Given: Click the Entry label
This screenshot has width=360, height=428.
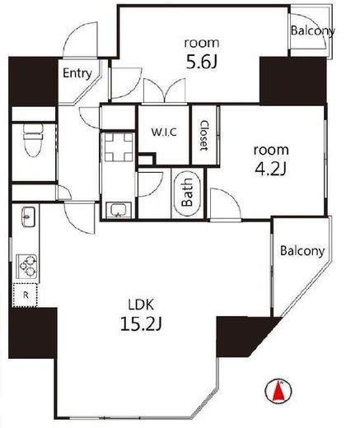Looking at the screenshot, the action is (77, 73).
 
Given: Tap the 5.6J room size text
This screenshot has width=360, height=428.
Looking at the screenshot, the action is (202, 62).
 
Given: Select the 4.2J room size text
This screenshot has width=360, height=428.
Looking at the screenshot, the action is (271, 169).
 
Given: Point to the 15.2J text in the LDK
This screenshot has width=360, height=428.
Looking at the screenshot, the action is (141, 324).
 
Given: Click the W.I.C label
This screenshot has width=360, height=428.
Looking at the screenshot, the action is (164, 133).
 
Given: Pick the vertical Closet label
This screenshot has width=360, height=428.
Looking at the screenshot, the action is (203, 135).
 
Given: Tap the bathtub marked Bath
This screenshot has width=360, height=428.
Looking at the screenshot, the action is (188, 193).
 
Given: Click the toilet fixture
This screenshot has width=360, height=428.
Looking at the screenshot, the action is (34, 140).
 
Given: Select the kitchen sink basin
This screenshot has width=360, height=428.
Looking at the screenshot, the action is (28, 216).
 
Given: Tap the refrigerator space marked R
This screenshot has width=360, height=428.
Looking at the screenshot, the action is (25, 295).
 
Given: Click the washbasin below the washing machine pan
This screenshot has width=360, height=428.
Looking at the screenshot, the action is (119, 210).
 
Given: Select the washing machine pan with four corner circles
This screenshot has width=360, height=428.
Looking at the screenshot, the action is (119, 147).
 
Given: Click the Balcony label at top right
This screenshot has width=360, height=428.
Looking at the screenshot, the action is (313, 30).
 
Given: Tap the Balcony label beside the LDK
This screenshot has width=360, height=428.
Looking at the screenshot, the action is (302, 251).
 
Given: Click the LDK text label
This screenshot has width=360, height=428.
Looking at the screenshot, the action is (141, 305).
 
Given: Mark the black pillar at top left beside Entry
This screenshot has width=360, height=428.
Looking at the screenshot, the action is (34, 81).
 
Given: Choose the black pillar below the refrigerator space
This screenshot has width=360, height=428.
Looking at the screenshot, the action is (33, 333).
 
